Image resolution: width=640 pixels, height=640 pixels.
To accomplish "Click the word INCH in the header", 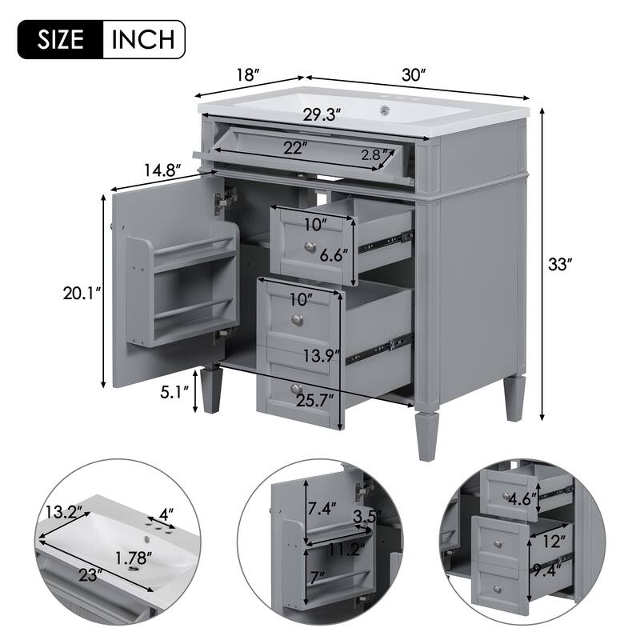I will pos(145,39).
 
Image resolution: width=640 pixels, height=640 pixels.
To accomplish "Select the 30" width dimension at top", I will pos(413,74).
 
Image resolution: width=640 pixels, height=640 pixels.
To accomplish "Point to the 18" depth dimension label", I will pos(249,75).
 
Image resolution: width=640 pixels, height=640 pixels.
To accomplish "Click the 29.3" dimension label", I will pos(321,114).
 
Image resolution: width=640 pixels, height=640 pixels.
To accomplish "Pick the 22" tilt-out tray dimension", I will pos(294,147).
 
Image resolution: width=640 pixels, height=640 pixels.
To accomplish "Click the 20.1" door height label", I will pos(82,294).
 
